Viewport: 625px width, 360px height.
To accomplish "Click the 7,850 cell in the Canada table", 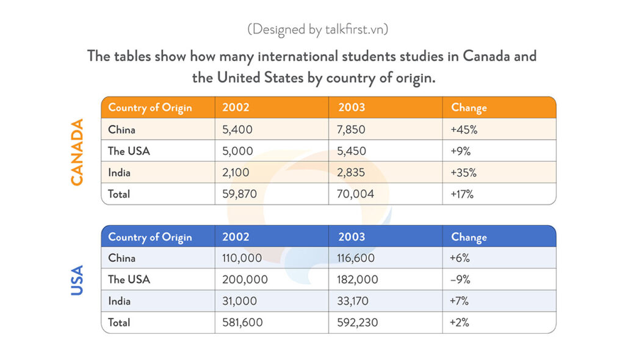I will click(x=351, y=129).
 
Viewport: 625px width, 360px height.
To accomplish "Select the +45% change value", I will click(x=464, y=129).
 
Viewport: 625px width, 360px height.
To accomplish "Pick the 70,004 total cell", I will click(x=355, y=194).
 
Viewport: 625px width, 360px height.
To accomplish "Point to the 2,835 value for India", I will click(x=351, y=173).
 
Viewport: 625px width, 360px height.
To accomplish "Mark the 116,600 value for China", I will click(x=356, y=258).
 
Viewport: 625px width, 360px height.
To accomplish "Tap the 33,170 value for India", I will click(x=353, y=301).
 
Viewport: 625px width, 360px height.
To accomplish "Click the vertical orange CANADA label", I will click(x=77, y=152).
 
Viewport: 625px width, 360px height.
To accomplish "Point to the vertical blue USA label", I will click(x=77, y=280).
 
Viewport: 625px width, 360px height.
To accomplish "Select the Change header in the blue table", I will click(x=469, y=237).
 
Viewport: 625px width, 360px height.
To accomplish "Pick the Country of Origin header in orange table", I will click(x=150, y=108).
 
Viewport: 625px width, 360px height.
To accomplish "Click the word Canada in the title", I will click(x=485, y=56).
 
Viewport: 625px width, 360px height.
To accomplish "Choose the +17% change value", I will click(x=462, y=194).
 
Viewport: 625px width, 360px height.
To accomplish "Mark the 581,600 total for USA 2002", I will click(x=242, y=322).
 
